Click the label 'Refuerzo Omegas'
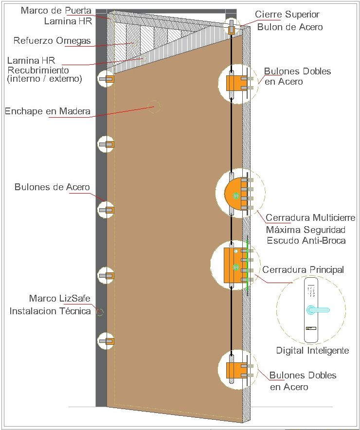coord(53,41)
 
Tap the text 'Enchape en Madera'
coord(47,111)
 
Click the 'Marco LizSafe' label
coord(60,298)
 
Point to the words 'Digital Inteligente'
coord(312,350)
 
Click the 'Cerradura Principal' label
coord(303,269)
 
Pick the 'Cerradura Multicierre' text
coord(310,217)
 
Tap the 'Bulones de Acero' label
coord(52,187)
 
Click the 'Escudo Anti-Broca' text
coord(306,241)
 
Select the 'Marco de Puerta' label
coord(56,10)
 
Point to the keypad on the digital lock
coord(310,291)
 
